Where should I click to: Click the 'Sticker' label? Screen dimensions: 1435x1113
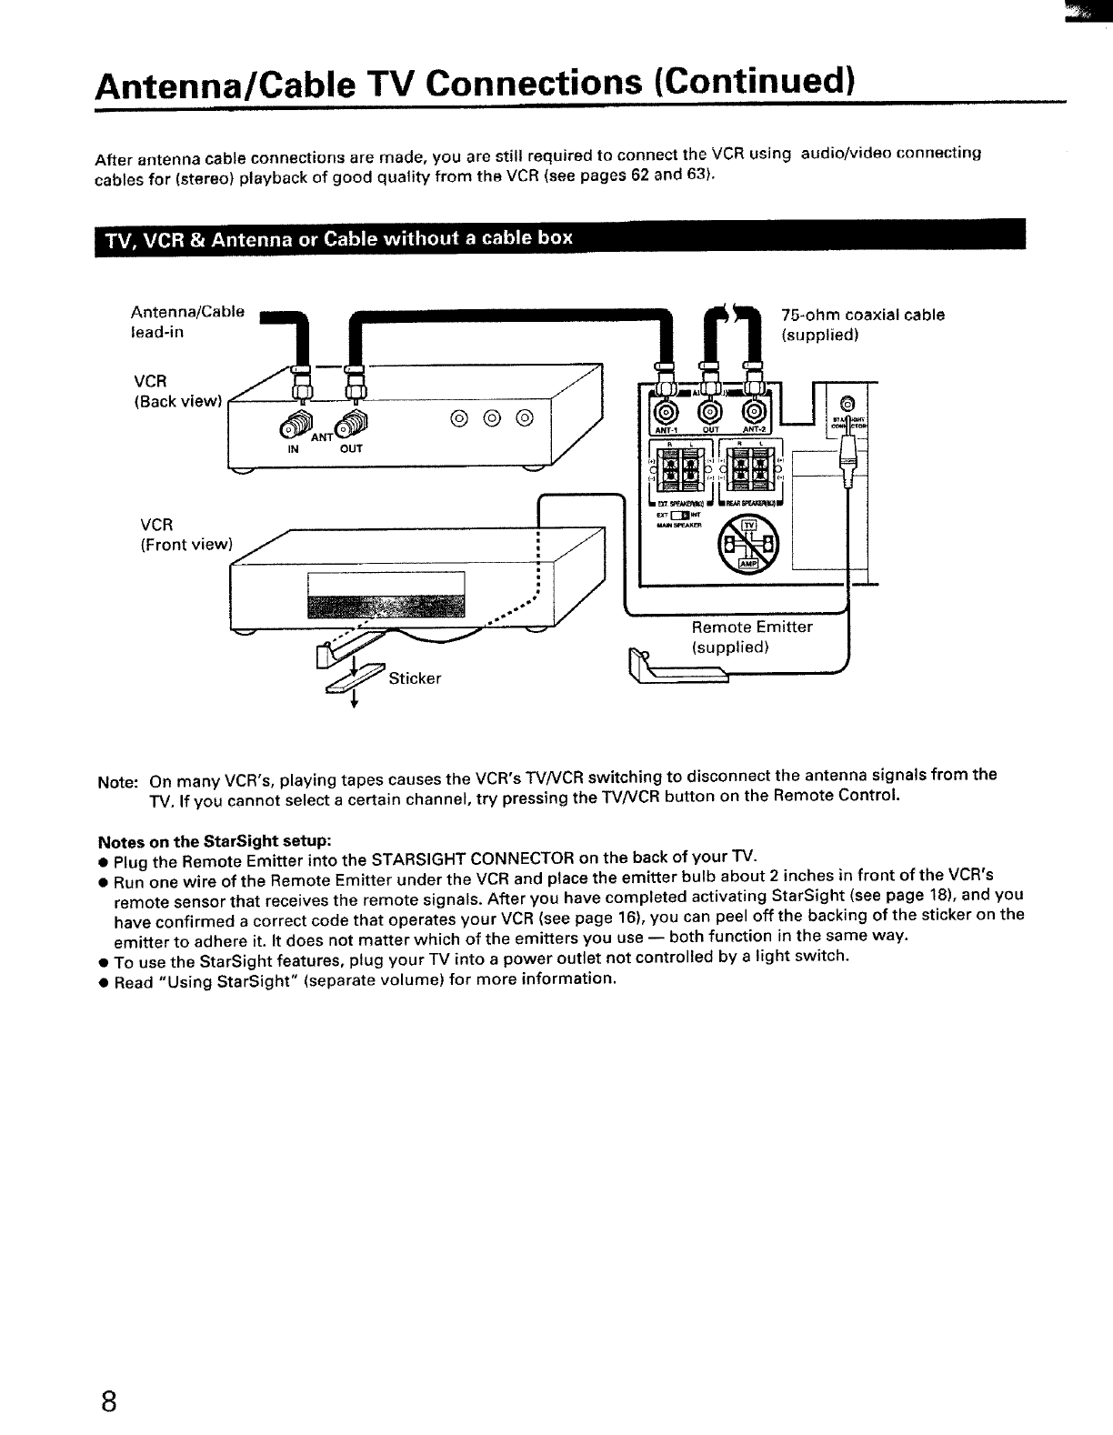415,678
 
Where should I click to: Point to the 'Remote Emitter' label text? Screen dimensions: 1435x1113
752,627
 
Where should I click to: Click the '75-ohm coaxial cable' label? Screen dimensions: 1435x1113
863,316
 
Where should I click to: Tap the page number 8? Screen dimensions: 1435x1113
108,1400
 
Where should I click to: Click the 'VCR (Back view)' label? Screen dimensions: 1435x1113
178,389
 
